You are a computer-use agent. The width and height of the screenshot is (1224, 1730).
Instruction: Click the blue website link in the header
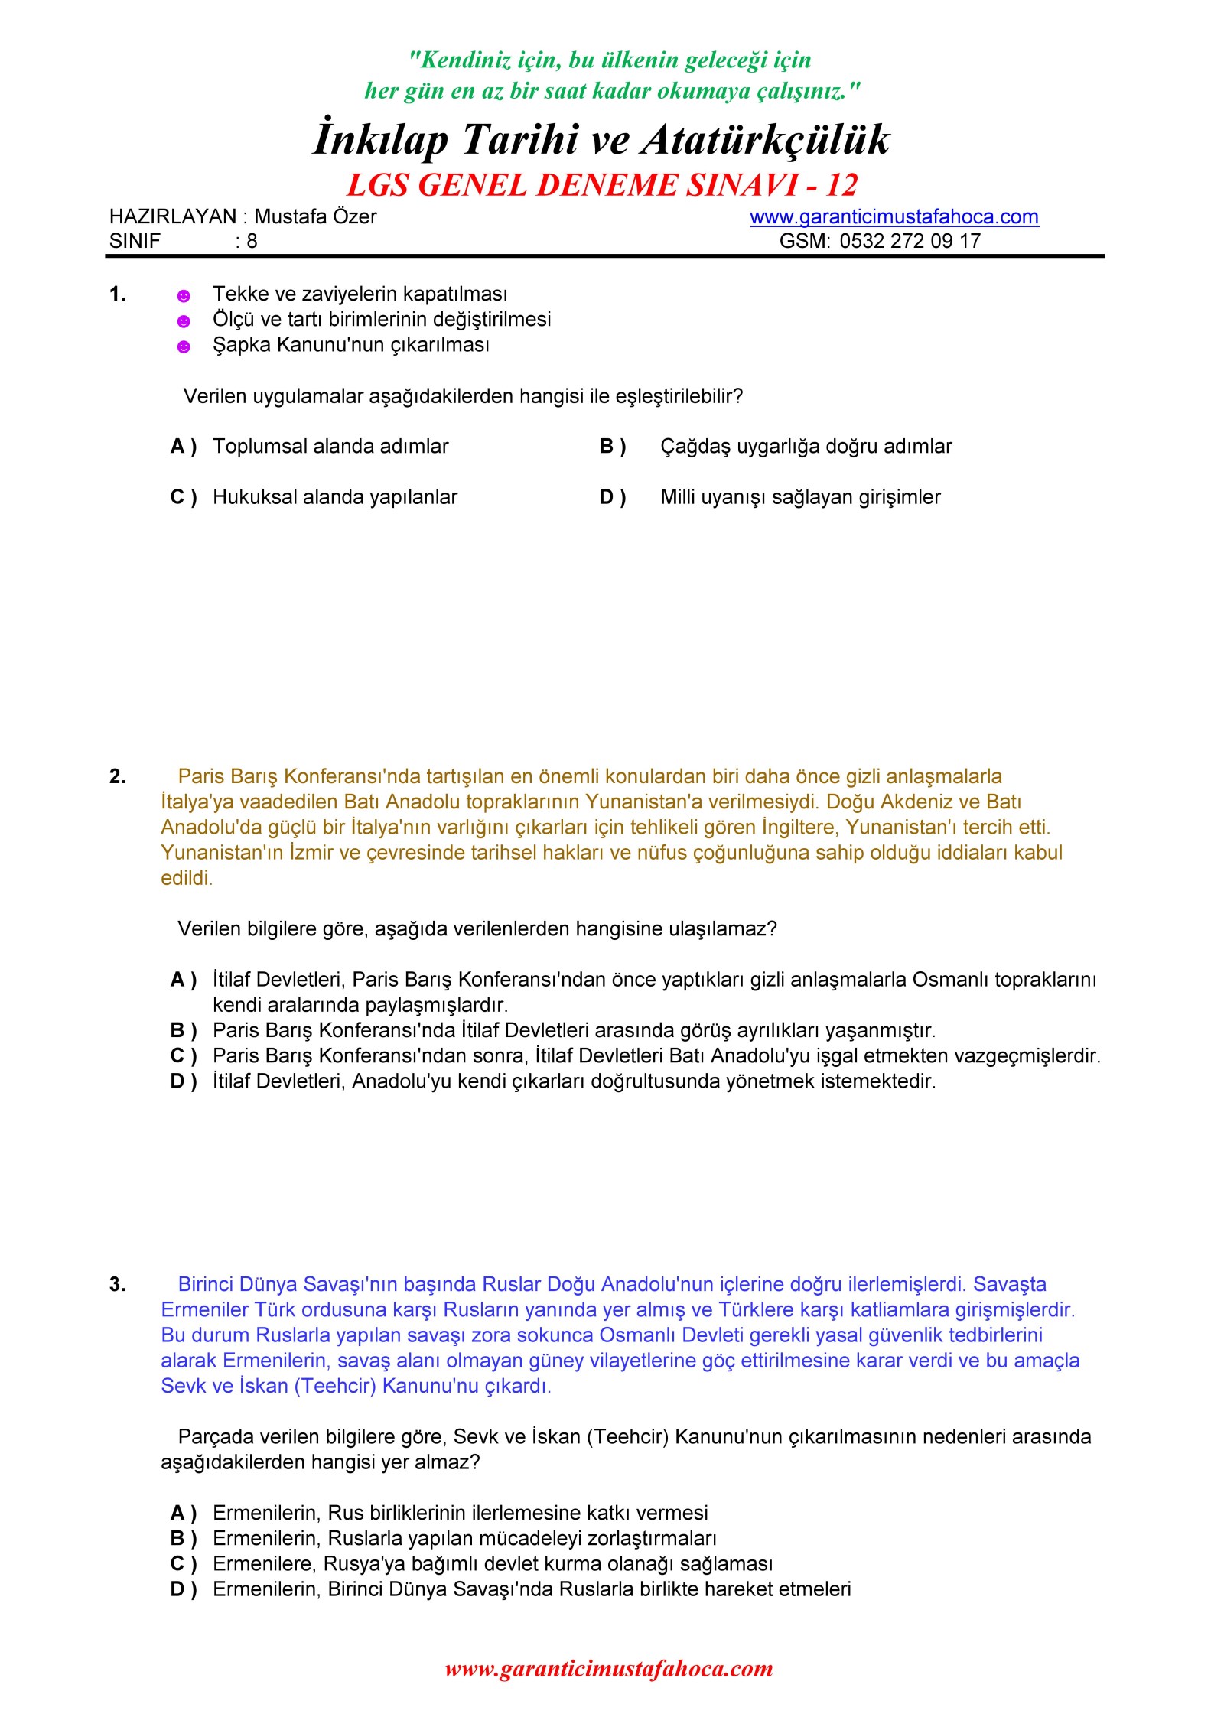click(x=894, y=216)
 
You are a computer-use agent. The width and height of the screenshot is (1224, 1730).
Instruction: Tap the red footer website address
click(x=609, y=1668)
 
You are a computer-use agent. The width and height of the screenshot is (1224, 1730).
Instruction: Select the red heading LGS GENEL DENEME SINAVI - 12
click(x=602, y=185)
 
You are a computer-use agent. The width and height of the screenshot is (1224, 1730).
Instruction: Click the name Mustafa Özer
click(x=315, y=216)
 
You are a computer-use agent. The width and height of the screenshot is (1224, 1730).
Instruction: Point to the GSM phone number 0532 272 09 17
click(x=910, y=241)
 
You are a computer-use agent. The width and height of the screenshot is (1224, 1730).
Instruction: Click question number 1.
click(x=117, y=294)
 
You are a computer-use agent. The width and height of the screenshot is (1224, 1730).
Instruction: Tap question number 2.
click(x=117, y=776)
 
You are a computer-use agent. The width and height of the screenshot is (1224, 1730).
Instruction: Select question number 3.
click(x=117, y=1284)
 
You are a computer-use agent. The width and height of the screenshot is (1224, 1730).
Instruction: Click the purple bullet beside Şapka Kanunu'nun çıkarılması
click(x=184, y=347)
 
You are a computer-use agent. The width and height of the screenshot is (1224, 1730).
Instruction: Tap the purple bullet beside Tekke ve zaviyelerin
click(x=184, y=296)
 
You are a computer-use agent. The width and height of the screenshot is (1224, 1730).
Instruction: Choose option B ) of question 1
click(x=613, y=446)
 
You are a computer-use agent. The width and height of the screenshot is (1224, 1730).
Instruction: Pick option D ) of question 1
click(x=613, y=497)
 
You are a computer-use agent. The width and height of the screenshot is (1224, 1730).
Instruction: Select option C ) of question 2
click(x=184, y=1056)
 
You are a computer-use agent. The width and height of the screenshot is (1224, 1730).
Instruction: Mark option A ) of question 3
click(x=184, y=1513)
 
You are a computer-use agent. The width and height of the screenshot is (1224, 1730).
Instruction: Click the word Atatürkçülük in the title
click(x=765, y=140)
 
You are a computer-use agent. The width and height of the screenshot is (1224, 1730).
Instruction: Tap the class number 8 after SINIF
click(x=252, y=241)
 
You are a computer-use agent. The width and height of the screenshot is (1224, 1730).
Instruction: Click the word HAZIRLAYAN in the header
click(x=173, y=216)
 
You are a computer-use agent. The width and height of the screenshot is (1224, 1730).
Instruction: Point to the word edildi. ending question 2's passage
click(x=187, y=878)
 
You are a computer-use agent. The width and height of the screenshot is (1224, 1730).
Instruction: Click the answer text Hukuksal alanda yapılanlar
click(x=335, y=497)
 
